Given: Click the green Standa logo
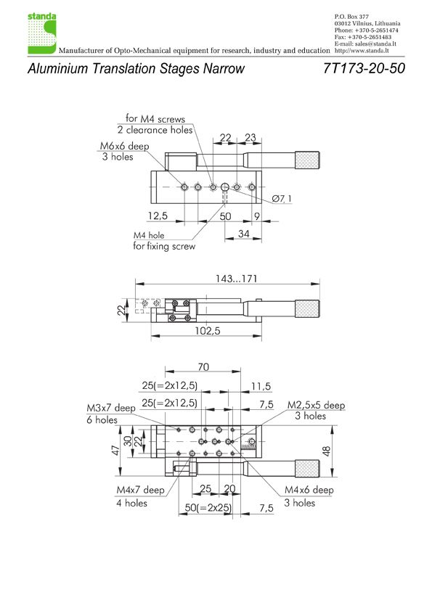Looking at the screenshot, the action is [42, 33].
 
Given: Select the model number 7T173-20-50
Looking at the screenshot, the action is [364, 69].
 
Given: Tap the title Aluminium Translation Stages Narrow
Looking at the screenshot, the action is [136, 69].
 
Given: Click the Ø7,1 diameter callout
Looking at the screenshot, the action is [282, 199].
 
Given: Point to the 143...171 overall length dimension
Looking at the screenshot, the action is [236, 279].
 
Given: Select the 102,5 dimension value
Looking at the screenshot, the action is [208, 331].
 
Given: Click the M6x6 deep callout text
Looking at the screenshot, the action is [124, 146].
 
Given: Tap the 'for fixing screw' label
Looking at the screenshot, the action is [164, 246].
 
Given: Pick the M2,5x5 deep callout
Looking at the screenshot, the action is [317, 405].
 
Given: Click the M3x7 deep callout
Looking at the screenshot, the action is [111, 408].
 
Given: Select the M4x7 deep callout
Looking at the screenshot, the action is [140, 490].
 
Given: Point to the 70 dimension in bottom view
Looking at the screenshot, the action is [203, 367].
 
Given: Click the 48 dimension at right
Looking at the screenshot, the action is [326, 451].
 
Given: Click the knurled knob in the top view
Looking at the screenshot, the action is [307, 160].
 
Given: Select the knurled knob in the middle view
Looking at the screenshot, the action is [307, 309].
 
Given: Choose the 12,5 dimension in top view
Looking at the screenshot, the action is [158, 216].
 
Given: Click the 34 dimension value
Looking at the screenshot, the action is [244, 234].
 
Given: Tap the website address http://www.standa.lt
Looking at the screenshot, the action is [362, 51].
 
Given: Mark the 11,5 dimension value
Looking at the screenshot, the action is [261, 387].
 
